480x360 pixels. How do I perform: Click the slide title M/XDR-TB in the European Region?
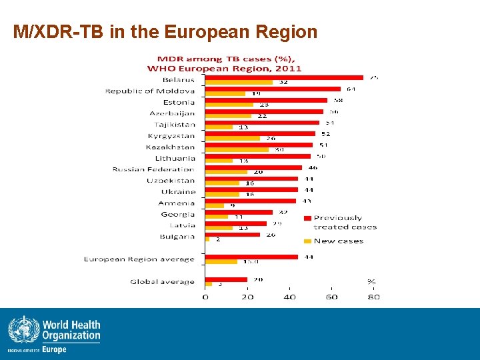[x=165, y=32]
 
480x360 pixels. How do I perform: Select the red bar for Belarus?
[x=284, y=77]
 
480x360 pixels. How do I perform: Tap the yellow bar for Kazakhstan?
[x=237, y=149]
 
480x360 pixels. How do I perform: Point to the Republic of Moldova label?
[x=150, y=91]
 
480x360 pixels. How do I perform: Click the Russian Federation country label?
[x=153, y=169]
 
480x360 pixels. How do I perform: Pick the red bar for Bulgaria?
[x=232, y=234]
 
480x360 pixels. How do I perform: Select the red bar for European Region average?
[x=251, y=257]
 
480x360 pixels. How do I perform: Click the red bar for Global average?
[x=226, y=279]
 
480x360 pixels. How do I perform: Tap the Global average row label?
[x=162, y=281]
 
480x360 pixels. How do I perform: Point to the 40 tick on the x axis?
[x=289, y=297]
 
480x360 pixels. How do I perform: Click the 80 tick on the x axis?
[x=374, y=297]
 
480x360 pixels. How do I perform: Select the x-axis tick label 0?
[x=205, y=297]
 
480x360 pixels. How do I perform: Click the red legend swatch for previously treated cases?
[x=307, y=218]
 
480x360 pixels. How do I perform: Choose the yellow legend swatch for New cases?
[x=307, y=241]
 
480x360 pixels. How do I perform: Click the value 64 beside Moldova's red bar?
[x=351, y=89]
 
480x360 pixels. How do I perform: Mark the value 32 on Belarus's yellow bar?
[x=283, y=83]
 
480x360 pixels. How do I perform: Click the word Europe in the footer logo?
[x=55, y=349]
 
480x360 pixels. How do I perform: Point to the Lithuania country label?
[x=175, y=158]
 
